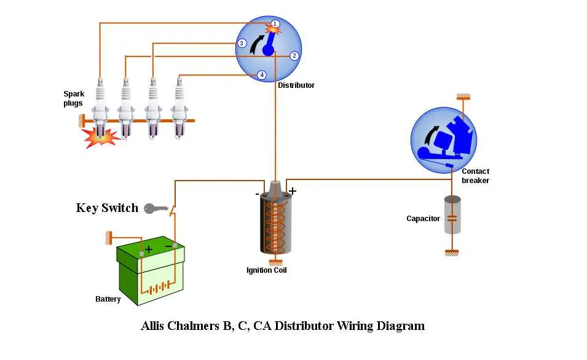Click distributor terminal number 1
(x=275, y=24)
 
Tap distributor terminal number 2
(x=294, y=56)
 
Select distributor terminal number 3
(x=242, y=44)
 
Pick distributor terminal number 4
(x=262, y=75)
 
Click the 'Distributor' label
(x=296, y=85)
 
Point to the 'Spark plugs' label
(x=74, y=98)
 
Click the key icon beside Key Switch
(x=156, y=208)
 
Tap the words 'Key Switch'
(x=107, y=208)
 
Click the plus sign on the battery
(x=149, y=249)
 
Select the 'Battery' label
(x=108, y=299)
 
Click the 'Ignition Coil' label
(x=267, y=270)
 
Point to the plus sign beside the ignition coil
(x=293, y=191)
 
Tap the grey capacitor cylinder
(x=452, y=215)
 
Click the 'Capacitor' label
(x=423, y=219)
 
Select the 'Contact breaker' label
(x=475, y=176)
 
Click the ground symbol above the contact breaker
(x=463, y=97)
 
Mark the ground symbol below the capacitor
(x=452, y=253)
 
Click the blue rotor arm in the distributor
(x=269, y=45)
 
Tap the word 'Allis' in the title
(x=152, y=326)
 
